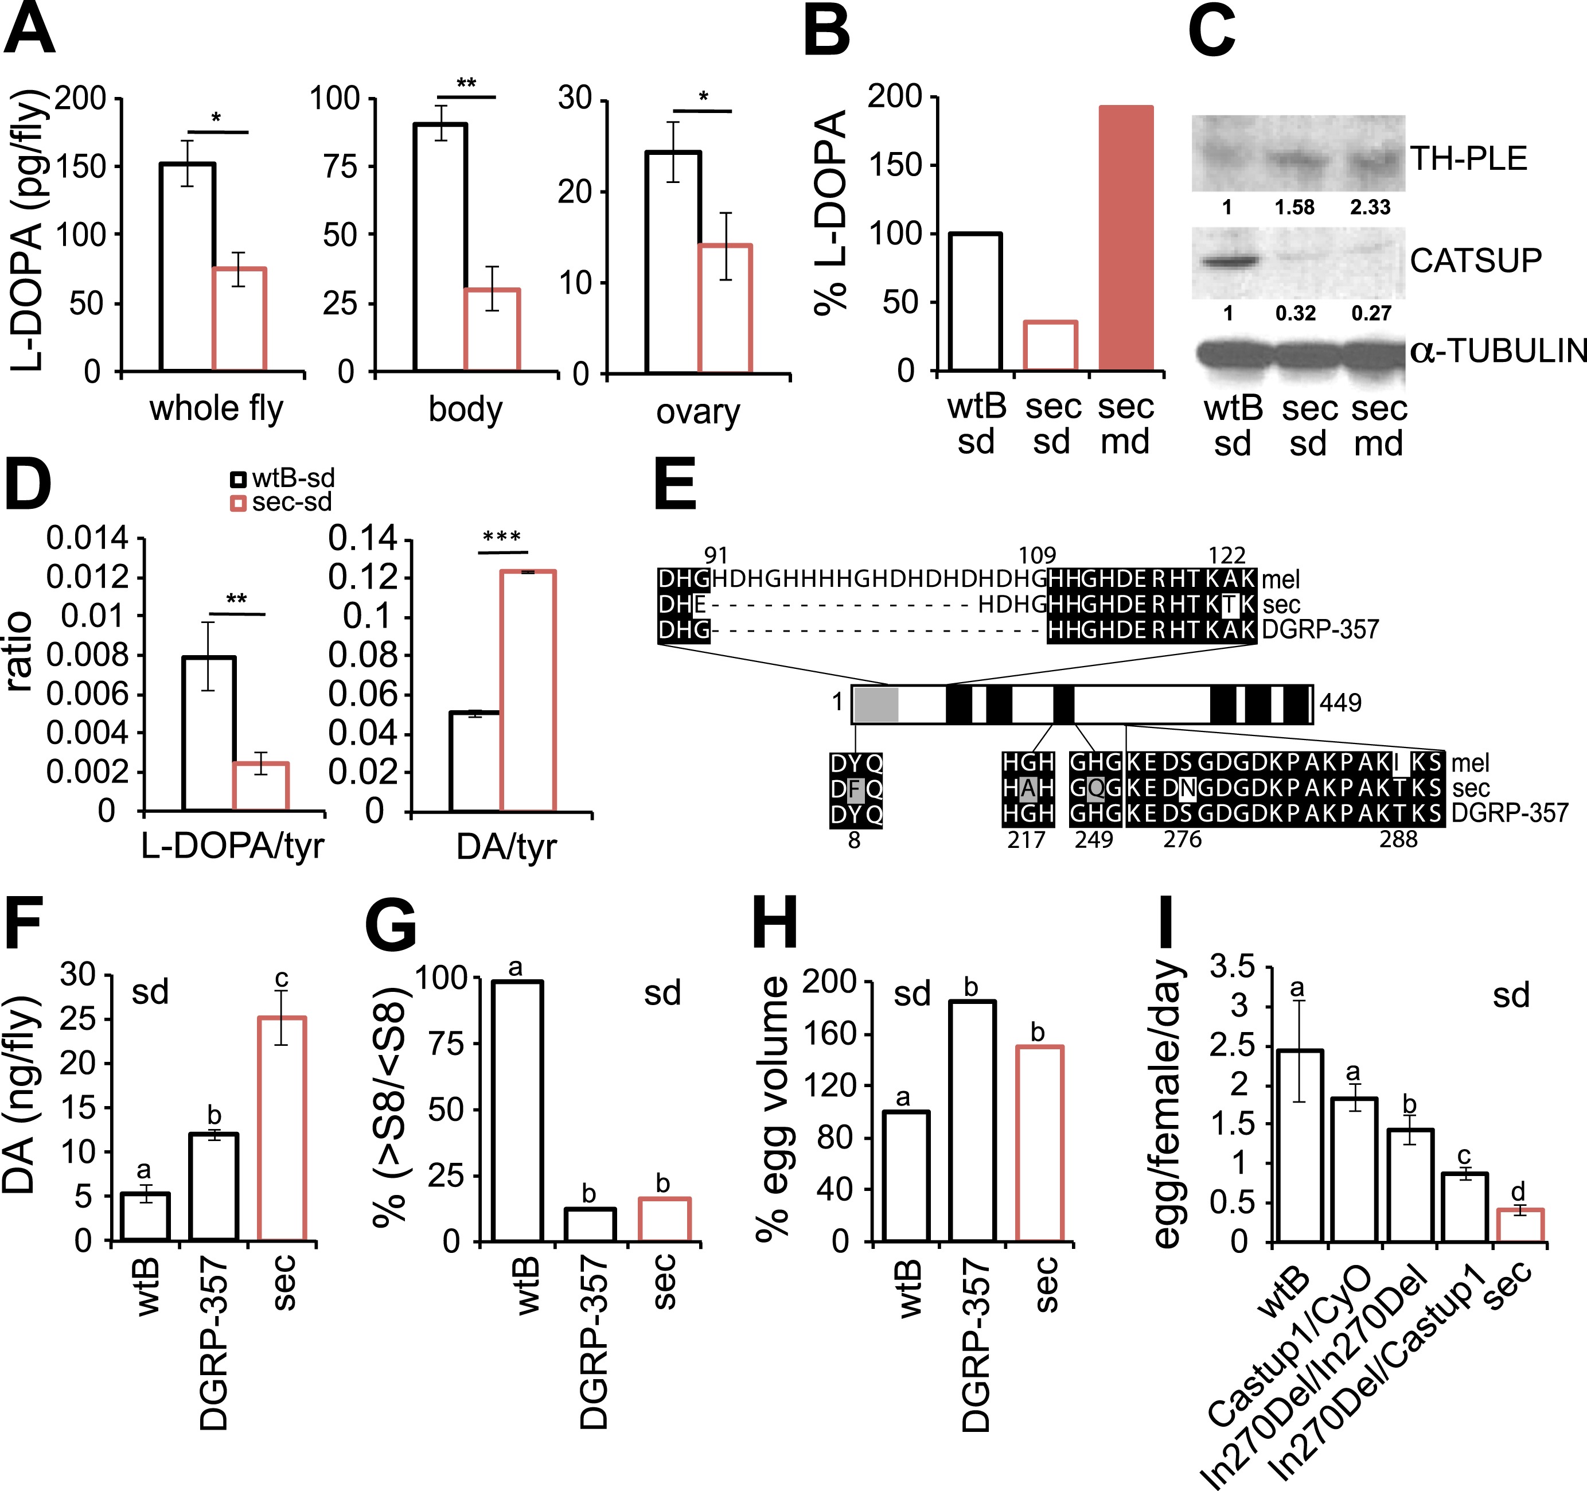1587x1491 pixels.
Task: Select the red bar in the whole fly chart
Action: pyautogui.click(x=239, y=320)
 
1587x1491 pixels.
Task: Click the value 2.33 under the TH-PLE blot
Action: pyautogui.click(x=1370, y=208)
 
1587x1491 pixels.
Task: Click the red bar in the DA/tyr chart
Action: pyautogui.click(x=528, y=691)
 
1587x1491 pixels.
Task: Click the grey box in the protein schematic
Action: pyautogui.click(x=876, y=703)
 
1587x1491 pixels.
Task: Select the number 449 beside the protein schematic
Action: pyautogui.click(x=1340, y=703)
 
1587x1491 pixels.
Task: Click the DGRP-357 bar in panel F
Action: pyautogui.click(x=214, y=1187)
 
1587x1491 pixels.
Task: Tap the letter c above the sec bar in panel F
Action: pyautogui.click(x=281, y=979)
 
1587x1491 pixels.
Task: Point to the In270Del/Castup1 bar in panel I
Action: pyautogui.click(x=1465, y=1206)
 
